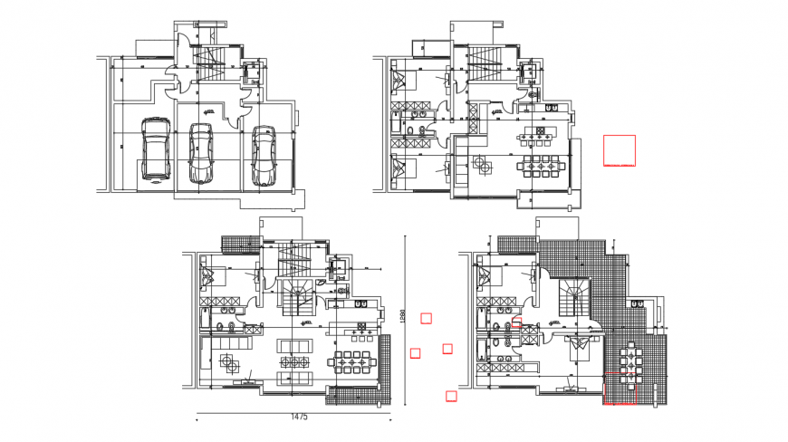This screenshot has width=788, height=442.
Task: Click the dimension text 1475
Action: (x=300, y=418)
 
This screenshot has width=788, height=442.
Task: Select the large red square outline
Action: (x=620, y=150)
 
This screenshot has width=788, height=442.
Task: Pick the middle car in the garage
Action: (x=200, y=153)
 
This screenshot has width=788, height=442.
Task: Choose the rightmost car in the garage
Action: (x=264, y=155)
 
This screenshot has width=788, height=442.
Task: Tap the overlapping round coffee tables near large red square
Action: (x=481, y=164)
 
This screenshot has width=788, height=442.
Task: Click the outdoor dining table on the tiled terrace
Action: (x=626, y=366)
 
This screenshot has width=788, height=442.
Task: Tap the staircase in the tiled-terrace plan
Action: (x=572, y=297)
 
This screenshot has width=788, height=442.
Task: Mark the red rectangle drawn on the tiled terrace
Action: (x=620, y=391)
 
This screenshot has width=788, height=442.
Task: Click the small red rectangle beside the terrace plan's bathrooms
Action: (x=517, y=321)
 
